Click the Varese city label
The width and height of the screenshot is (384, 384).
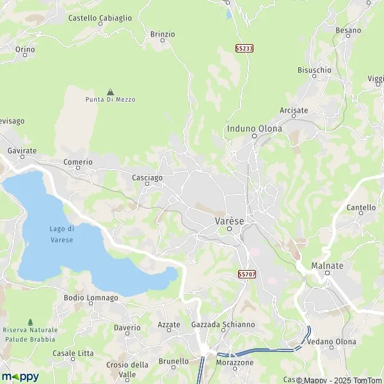coord(229,221)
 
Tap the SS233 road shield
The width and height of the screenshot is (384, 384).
coord(243,49)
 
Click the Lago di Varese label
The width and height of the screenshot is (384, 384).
coord(62,234)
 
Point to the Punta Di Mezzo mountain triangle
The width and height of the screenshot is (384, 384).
coord(111,92)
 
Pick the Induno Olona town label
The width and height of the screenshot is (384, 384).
coord(254,129)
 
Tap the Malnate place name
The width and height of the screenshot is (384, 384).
coord(327,266)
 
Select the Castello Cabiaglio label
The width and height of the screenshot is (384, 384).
coord(100,19)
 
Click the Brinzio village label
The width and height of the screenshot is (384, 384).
coord(162,34)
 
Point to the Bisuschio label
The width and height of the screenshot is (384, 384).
coord(314,70)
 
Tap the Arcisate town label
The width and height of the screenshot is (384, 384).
coord(294,110)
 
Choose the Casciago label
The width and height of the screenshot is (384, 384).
coord(147,177)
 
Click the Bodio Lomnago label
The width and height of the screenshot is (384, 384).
coord(91,298)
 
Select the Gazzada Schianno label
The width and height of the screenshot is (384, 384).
coord(223,324)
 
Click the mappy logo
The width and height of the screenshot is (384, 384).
coord(20,376)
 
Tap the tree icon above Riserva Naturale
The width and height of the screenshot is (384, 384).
coord(30,321)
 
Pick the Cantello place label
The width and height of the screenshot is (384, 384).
coord(361,208)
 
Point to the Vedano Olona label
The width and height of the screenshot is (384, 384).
coord(332,342)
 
